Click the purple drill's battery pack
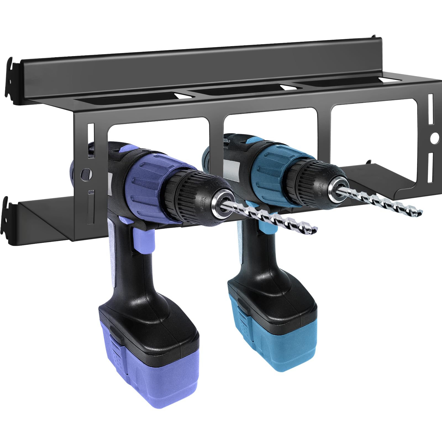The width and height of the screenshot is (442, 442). (x=149, y=356)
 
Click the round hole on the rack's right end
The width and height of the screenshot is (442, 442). (x=434, y=137)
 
